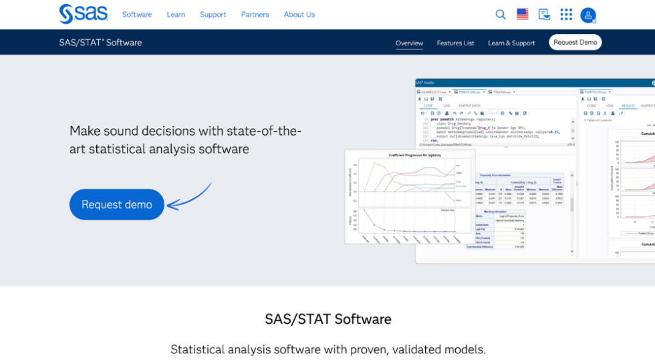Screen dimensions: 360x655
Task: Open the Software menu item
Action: coord(137,15)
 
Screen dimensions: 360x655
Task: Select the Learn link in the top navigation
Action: coord(176,15)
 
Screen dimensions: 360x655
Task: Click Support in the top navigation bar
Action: coord(213,15)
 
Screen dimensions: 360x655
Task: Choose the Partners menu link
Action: coord(255,15)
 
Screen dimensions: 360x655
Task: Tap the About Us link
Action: coord(299,15)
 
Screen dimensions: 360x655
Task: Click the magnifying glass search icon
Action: coord(501,15)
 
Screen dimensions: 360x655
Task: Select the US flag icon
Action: coord(522,15)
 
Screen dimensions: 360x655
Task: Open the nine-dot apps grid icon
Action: coord(566,15)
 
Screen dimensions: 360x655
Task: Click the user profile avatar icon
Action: coord(588,15)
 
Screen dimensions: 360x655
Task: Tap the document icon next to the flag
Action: coord(544,15)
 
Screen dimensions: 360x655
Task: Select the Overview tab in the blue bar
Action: coord(409,43)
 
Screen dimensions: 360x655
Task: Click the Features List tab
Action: coord(455,43)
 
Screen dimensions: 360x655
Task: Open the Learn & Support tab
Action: coord(511,43)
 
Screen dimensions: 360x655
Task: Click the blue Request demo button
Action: coord(117,204)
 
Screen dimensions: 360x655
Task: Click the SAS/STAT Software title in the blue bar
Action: coord(100,43)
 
